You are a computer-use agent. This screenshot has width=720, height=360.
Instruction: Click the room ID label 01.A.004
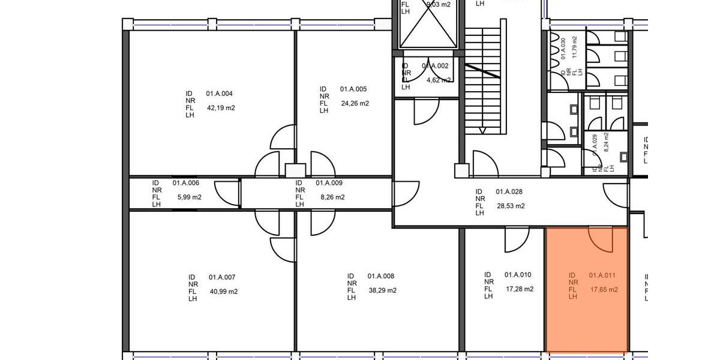click(x=219, y=94)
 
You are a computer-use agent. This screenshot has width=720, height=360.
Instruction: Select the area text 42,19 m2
click(x=221, y=108)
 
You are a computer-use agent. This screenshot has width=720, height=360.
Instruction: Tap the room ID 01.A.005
click(x=353, y=89)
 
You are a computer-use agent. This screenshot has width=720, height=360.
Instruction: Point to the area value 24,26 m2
click(x=355, y=103)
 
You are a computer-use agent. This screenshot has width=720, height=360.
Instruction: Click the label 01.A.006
click(x=185, y=183)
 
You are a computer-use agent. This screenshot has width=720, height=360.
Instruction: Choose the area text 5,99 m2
click(x=189, y=197)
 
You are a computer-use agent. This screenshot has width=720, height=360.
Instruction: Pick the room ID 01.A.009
click(x=329, y=183)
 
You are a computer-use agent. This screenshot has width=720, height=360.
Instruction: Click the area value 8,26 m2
click(x=332, y=197)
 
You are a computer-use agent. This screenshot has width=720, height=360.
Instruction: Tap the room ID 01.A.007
click(x=222, y=277)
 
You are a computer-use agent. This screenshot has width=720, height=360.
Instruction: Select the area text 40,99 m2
click(x=223, y=292)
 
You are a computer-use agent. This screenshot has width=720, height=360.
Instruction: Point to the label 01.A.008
click(x=381, y=276)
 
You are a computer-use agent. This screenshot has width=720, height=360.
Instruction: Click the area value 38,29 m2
click(x=382, y=290)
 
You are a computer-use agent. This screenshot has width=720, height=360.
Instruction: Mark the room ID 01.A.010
click(x=518, y=275)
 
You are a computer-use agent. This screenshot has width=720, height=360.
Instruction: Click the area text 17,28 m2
click(x=520, y=289)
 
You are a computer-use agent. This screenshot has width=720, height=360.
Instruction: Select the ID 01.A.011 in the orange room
click(x=602, y=275)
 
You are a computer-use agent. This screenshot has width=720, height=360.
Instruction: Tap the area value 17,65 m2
click(x=604, y=290)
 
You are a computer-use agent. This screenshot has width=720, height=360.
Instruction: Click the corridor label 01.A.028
click(x=509, y=192)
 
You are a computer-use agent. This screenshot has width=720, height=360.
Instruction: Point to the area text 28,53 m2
click(x=511, y=206)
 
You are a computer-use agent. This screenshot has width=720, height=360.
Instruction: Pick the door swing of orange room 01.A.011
click(x=600, y=240)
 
